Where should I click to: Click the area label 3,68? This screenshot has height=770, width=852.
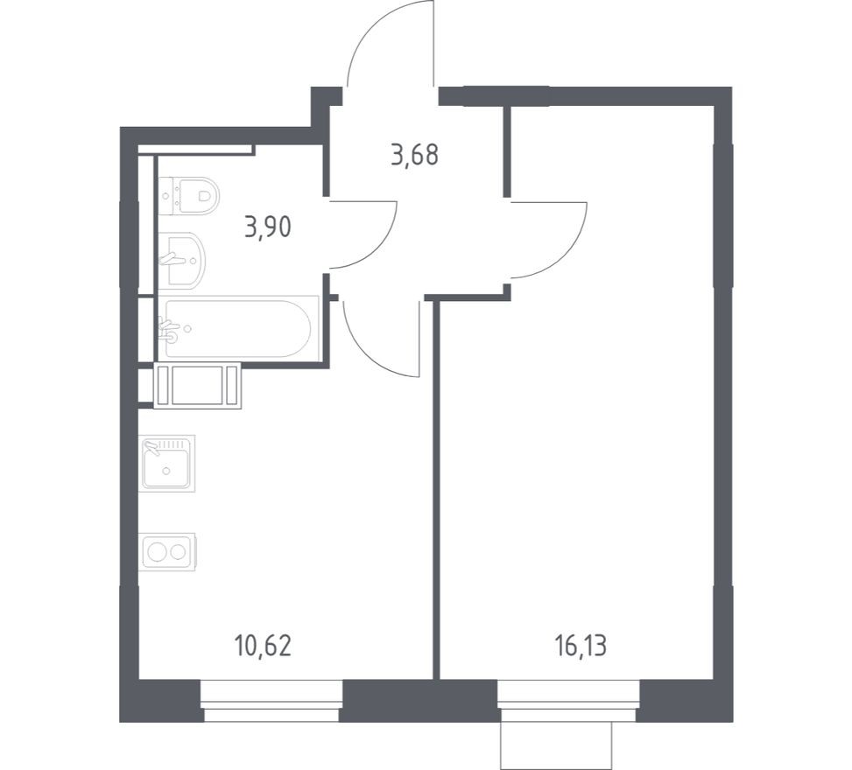[x=414, y=156]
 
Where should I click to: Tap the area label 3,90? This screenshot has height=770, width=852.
[x=268, y=227]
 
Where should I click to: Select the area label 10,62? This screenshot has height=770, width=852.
[x=263, y=647]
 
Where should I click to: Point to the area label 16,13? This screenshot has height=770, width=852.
[x=580, y=647]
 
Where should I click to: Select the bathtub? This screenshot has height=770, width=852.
[x=236, y=328]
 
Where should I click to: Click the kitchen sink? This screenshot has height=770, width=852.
[x=166, y=462]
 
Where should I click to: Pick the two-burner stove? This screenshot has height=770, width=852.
[x=167, y=551]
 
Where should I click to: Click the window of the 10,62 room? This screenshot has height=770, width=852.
[x=271, y=702]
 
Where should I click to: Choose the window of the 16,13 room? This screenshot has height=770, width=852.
[x=568, y=702]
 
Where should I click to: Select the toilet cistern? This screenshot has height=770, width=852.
[x=166, y=195]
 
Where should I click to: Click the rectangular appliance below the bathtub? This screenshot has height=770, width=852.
[x=196, y=385]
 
